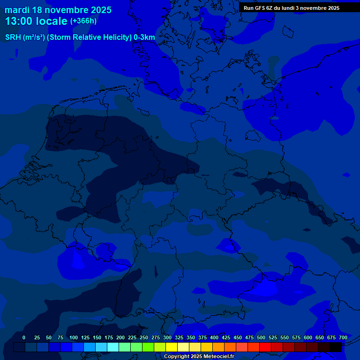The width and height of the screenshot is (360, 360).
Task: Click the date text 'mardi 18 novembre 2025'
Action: point(58,10)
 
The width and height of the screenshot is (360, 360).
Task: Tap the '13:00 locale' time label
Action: point(36,21)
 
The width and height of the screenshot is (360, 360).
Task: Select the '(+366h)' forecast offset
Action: point(83,21)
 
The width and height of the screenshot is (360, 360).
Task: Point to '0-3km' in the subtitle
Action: point(144,37)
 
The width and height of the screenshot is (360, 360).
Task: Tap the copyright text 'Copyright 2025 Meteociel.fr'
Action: point(199,356)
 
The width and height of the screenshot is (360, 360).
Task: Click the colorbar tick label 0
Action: point(24,337)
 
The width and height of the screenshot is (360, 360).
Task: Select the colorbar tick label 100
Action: point(74,337)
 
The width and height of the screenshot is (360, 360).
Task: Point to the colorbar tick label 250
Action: point(144,337)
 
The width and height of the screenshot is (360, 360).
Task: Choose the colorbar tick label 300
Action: point(167,337)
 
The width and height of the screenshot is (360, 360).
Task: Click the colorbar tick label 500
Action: point(261,337)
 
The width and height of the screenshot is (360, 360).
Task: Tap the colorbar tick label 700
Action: point(343,337)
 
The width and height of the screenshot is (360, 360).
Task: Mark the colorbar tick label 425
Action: point(226,337)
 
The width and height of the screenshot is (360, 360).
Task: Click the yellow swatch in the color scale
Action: point(172,347)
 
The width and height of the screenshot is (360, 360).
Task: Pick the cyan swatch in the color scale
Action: point(113,347)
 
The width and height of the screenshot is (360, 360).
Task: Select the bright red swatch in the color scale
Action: point(266,347)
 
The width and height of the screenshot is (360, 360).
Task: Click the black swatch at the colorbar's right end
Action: point(336,347)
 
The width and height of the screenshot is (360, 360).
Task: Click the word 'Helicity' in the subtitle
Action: point(113,37)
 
